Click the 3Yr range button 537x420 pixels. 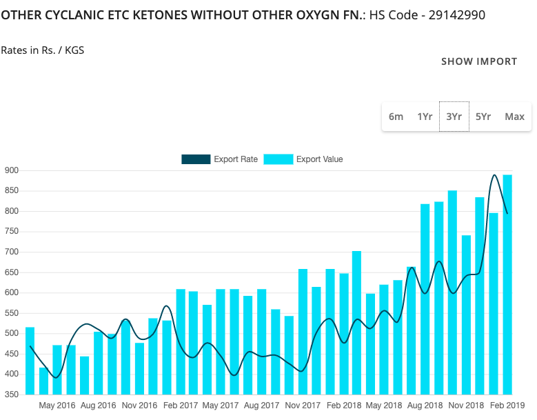point(454,117)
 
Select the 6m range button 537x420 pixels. point(396,117)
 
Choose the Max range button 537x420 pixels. point(514,117)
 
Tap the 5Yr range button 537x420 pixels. point(483,117)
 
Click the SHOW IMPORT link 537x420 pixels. point(479,61)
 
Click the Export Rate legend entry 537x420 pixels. point(220,159)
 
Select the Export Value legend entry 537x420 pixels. point(303,159)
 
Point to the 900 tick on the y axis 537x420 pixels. point(12,170)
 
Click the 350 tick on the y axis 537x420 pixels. point(12,394)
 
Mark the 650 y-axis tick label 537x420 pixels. point(12,272)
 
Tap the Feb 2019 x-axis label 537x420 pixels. point(508,406)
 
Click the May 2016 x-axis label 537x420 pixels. point(58,406)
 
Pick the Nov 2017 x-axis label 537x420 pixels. point(303,406)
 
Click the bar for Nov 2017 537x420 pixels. point(303,332)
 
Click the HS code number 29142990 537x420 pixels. point(456,14)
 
